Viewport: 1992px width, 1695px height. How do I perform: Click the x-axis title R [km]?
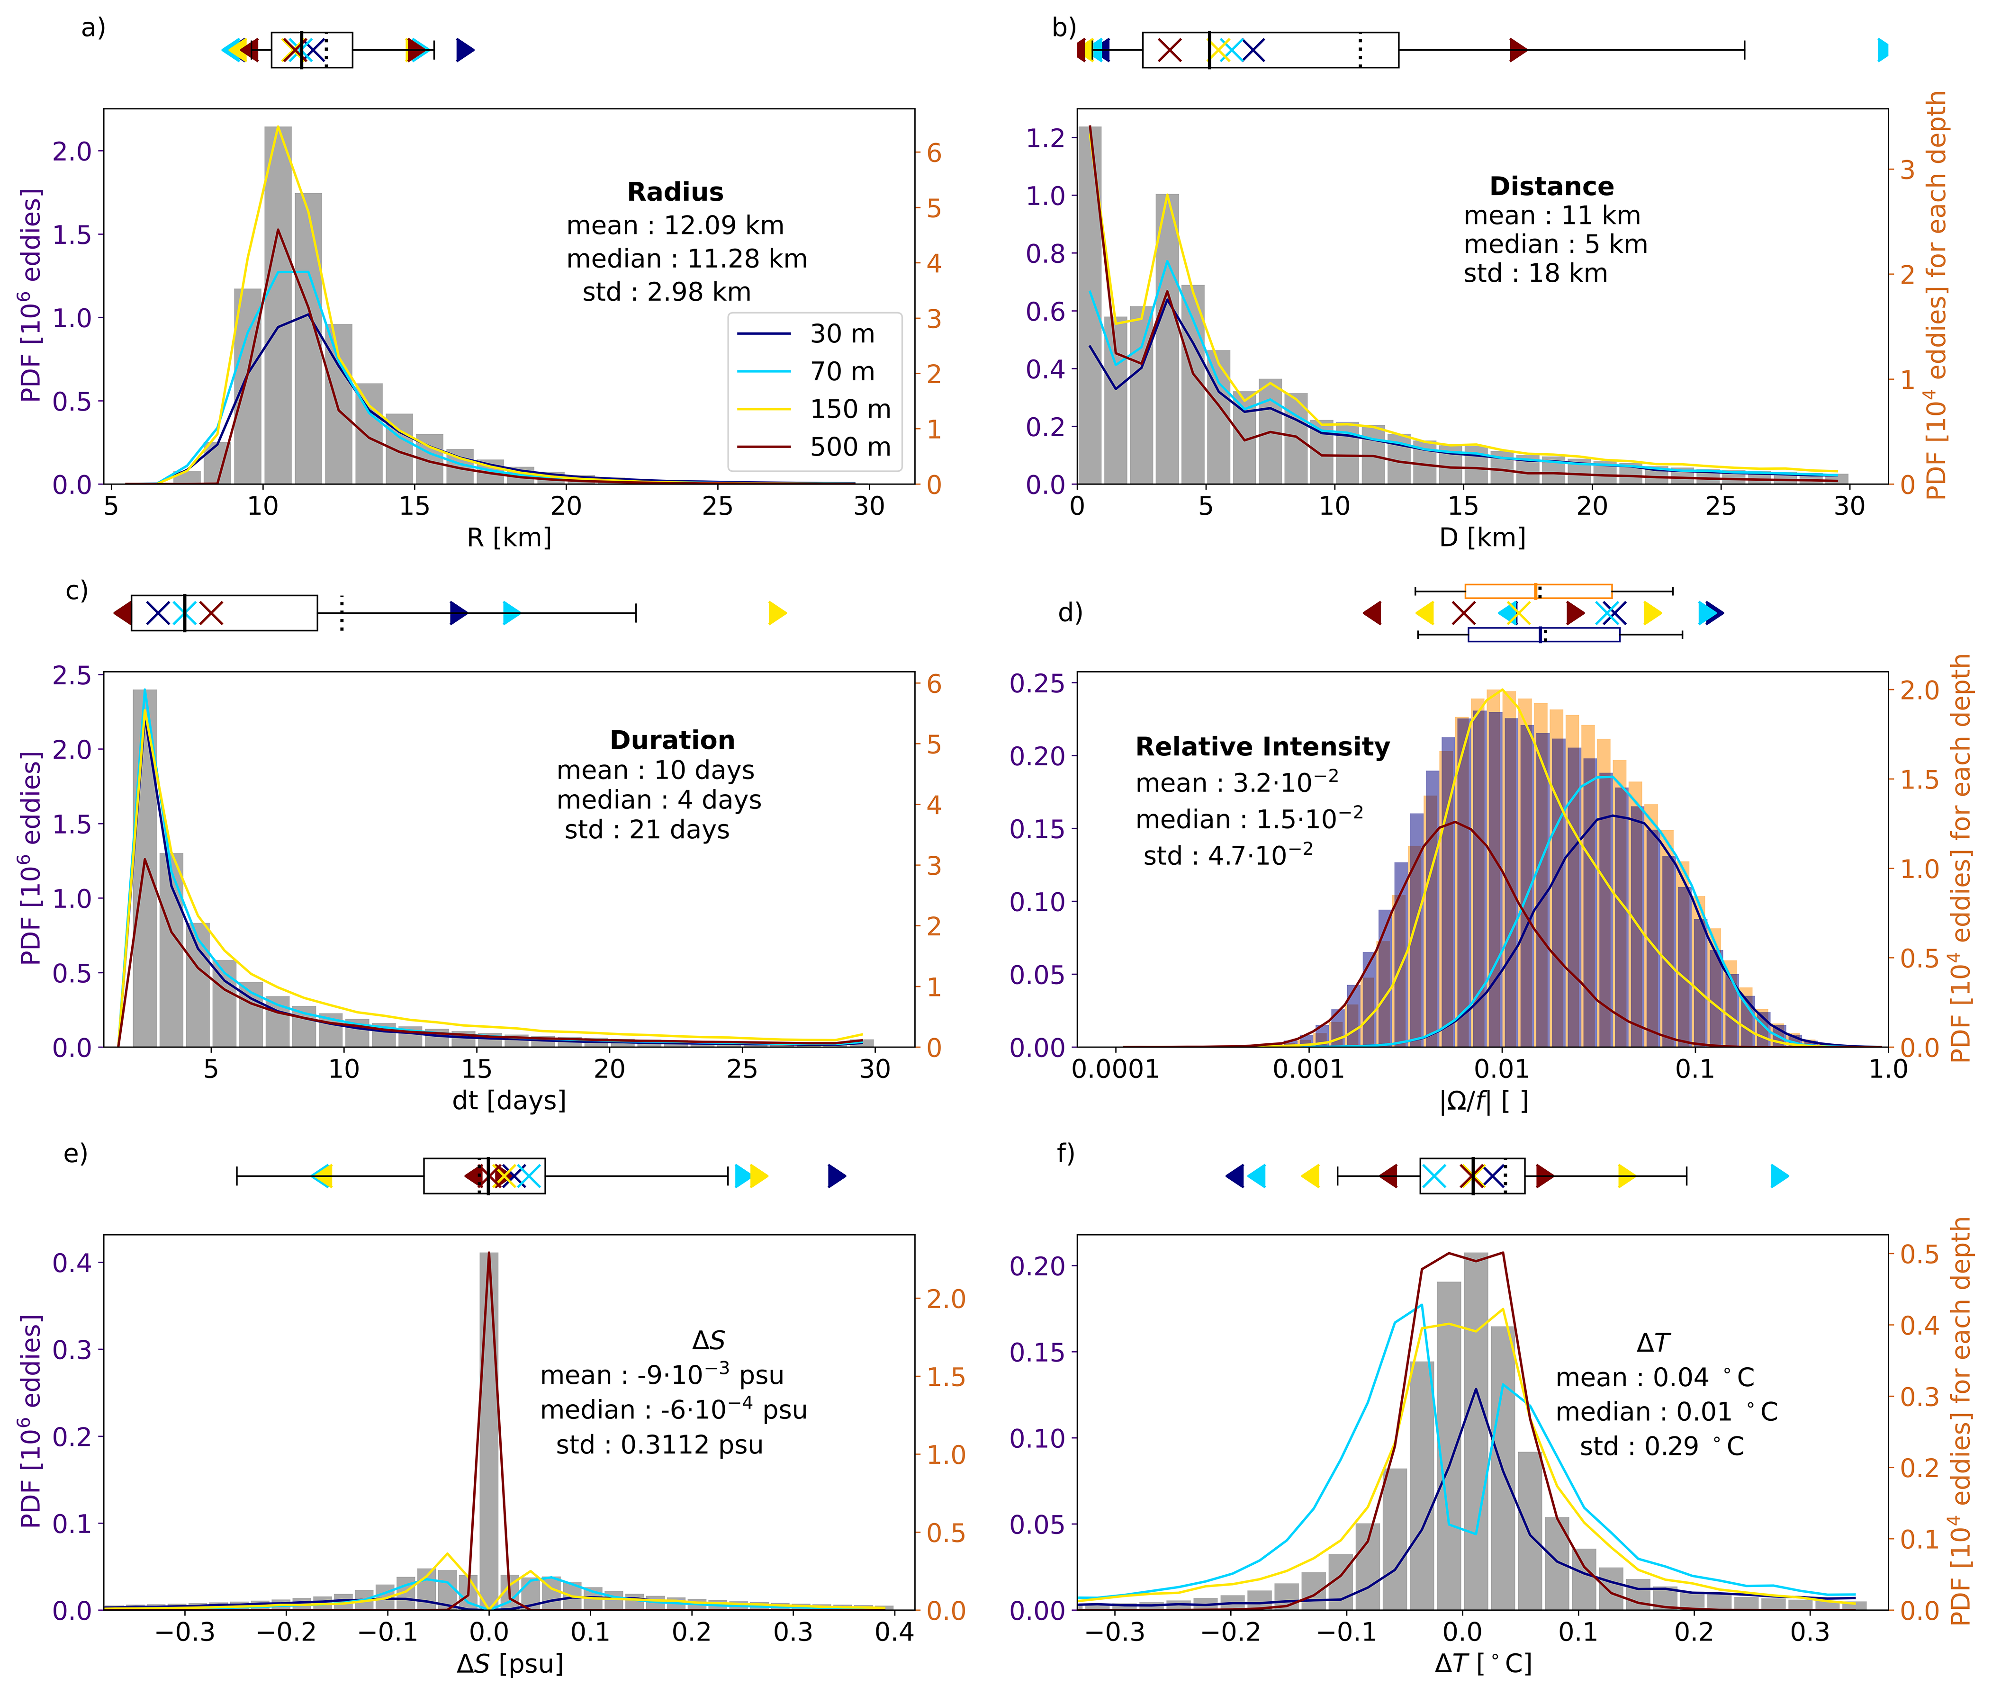click(509, 537)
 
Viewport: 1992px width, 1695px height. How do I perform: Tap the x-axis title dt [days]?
click(509, 1100)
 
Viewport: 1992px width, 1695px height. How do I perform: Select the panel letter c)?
click(77, 590)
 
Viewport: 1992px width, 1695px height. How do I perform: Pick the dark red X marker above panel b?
click(1170, 50)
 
